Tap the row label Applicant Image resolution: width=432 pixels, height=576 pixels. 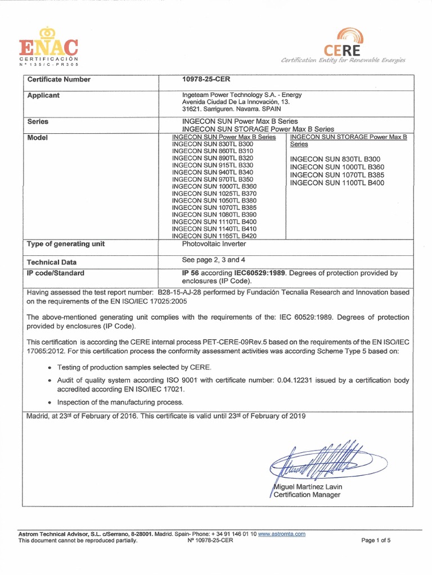point(43,96)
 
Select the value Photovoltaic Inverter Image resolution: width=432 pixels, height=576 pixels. point(217,244)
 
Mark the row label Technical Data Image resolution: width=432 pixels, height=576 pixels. point(52,262)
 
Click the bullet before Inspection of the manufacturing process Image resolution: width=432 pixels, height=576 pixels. point(50,402)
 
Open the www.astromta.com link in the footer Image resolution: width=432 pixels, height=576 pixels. point(282,534)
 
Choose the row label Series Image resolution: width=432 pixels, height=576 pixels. point(38,121)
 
